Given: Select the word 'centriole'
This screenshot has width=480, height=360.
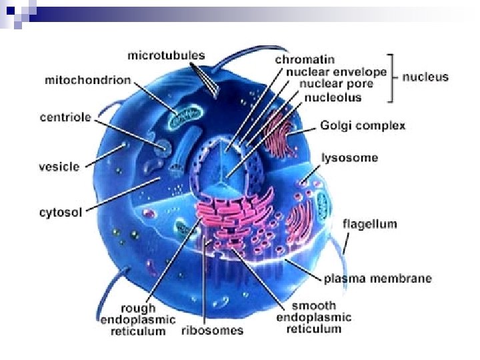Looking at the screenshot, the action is (65, 118).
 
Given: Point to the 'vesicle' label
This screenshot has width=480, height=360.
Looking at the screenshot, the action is (59, 166).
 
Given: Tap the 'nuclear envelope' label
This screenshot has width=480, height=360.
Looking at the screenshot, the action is (335, 72).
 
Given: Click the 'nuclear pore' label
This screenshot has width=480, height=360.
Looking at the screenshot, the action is (331, 85).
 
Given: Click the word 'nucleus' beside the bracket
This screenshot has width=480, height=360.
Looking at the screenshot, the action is (425, 77).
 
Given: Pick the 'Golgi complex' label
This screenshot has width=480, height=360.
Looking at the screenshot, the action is (363, 125).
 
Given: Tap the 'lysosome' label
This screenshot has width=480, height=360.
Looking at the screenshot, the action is (349, 158).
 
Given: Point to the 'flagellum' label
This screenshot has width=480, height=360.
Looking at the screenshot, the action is (369, 223).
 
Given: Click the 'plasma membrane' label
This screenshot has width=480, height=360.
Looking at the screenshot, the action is (377, 278).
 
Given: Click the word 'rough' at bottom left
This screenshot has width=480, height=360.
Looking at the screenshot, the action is (138, 308).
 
